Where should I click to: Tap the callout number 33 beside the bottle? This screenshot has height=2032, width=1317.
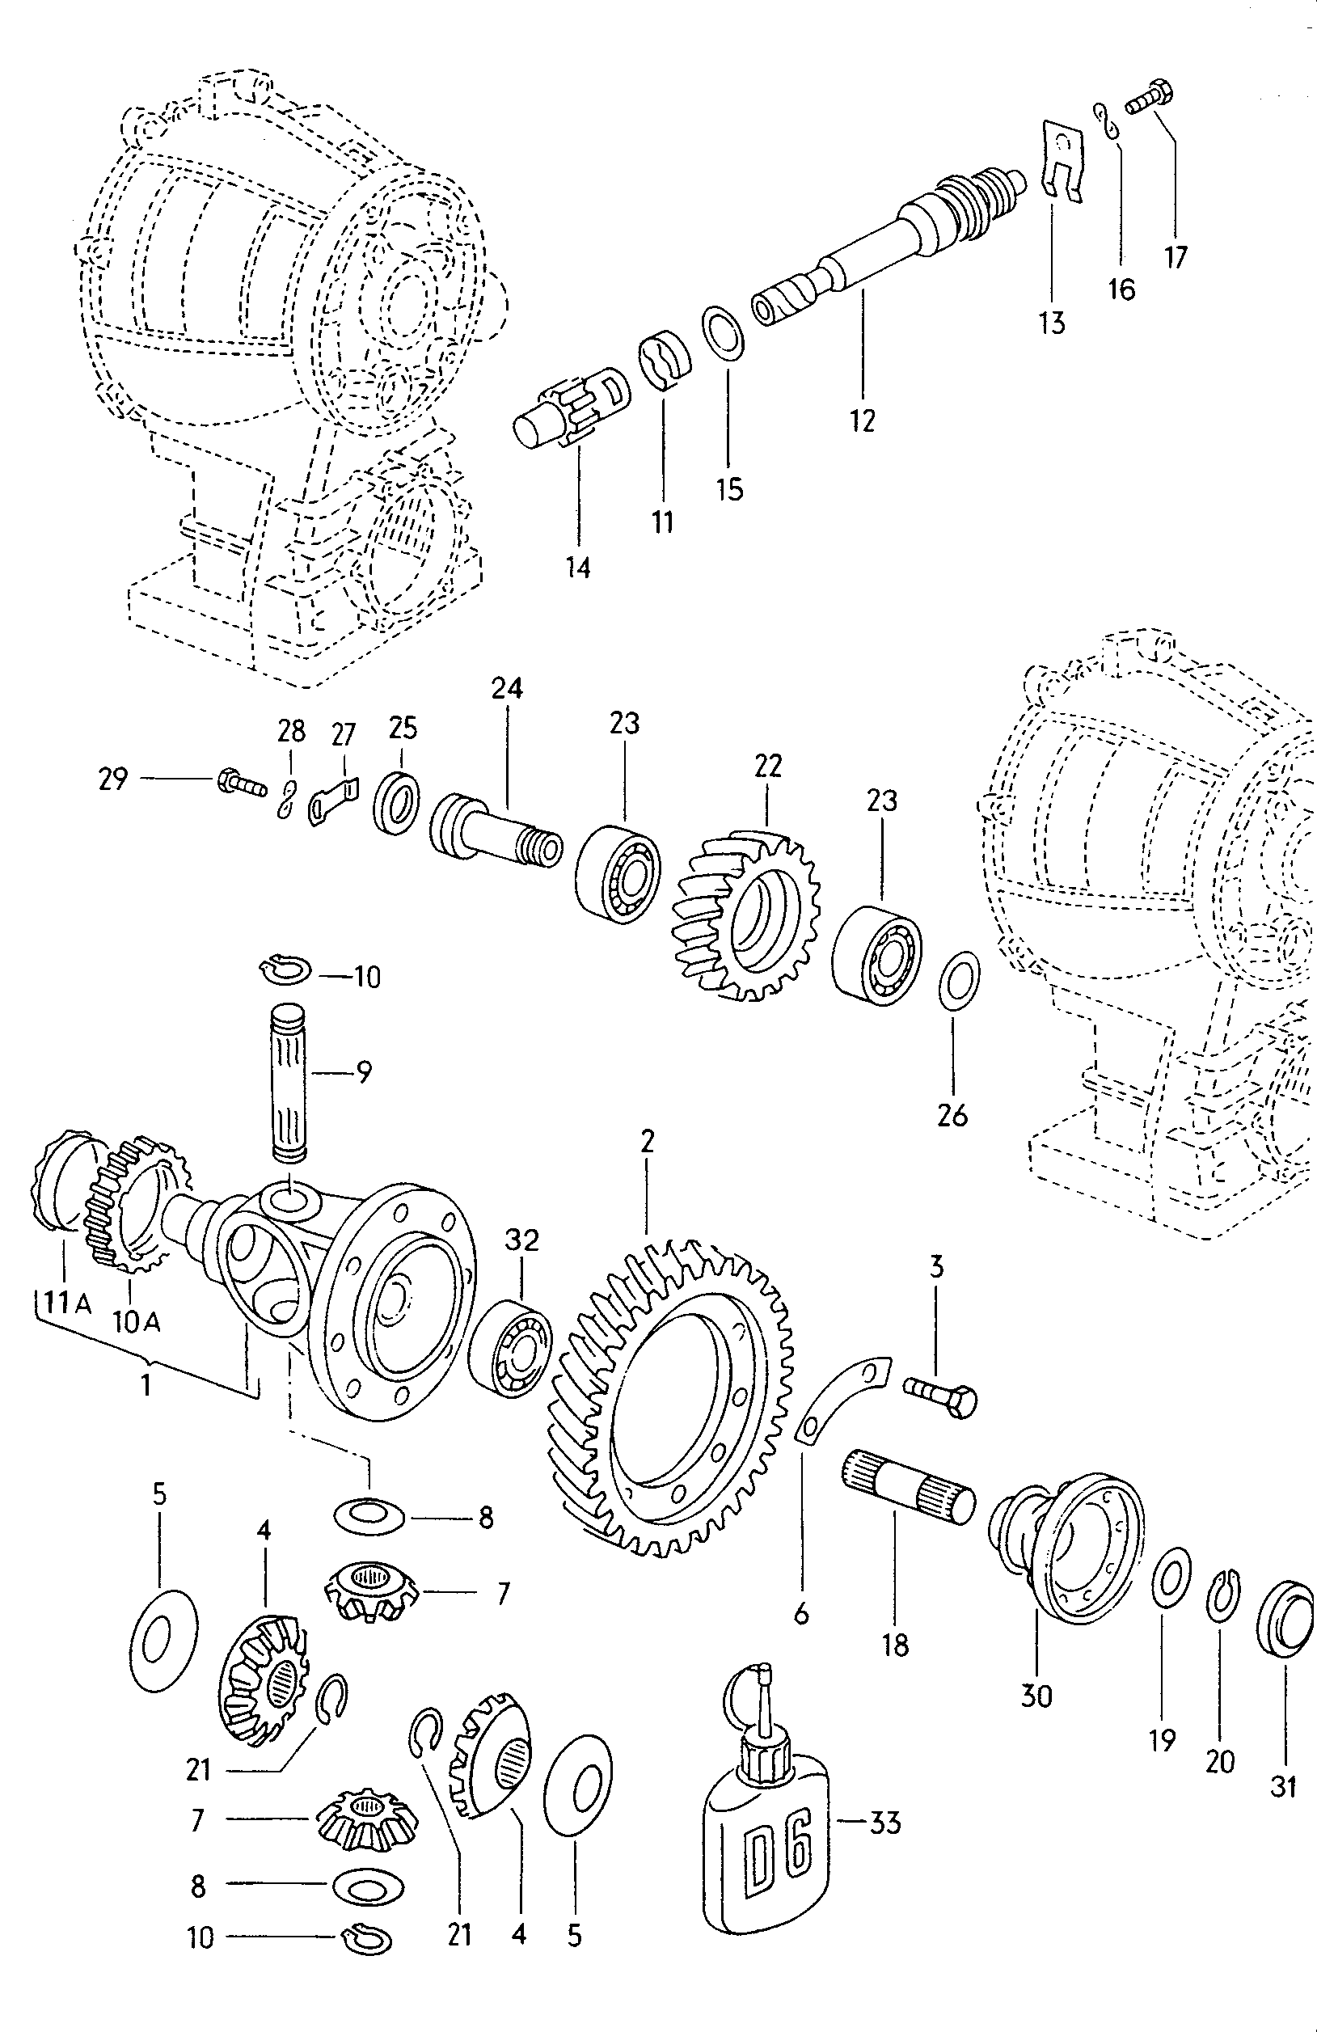tap(884, 1822)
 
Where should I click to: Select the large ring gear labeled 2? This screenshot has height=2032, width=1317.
tap(674, 1400)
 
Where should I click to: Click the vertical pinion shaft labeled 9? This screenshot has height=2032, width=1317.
tap(291, 1081)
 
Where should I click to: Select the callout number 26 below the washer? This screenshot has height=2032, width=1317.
tap(952, 1114)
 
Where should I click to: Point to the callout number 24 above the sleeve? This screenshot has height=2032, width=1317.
tap(506, 688)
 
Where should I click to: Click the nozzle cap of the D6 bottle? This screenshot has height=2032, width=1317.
tap(762, 1699)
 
